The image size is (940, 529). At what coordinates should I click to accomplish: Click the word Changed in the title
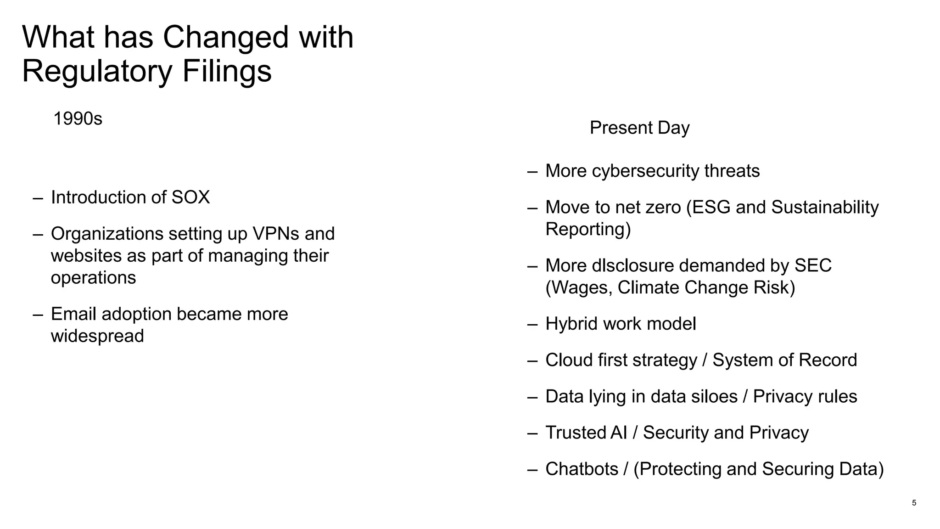(x=225, y=38)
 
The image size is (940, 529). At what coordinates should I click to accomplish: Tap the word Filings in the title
(x=227, y=72)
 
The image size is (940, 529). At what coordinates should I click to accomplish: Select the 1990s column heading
(x=78, y=119)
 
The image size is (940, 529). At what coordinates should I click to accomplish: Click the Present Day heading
(x=639, y=128)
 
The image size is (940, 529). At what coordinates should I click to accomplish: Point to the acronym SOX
(x=190, y=197)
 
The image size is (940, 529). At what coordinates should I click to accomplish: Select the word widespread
(x=97, y=336)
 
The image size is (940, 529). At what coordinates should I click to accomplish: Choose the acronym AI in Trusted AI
(x=619, y=433)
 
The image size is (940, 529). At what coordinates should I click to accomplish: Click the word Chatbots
(x=582, y=469)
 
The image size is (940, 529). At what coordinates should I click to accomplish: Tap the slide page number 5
(x=914, y=503)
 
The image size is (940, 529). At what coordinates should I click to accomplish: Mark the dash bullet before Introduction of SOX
(x=38, y=198)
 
